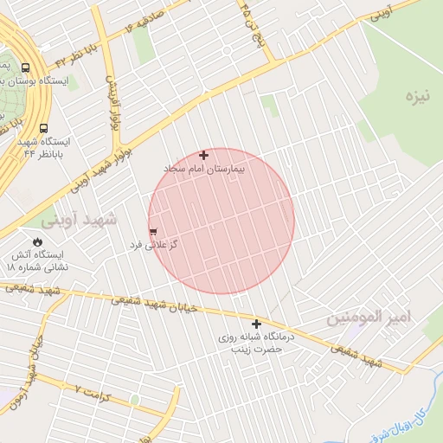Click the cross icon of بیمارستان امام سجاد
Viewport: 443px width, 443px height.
(x=204, y=156)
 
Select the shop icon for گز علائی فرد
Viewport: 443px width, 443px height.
(x=153, y=232)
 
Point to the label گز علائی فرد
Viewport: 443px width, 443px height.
(x=153, y=245)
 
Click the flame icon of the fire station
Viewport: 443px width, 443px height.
(x=37, y=241)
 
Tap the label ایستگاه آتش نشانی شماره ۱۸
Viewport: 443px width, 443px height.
(x=36, y=261)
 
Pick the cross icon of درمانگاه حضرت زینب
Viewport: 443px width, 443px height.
(x=256, y=324)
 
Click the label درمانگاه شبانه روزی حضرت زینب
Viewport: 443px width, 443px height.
(x=257, y=343)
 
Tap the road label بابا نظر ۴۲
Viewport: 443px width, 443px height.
(x=73, y=57)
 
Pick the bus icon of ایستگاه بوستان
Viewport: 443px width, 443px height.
(x=25, y=67)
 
